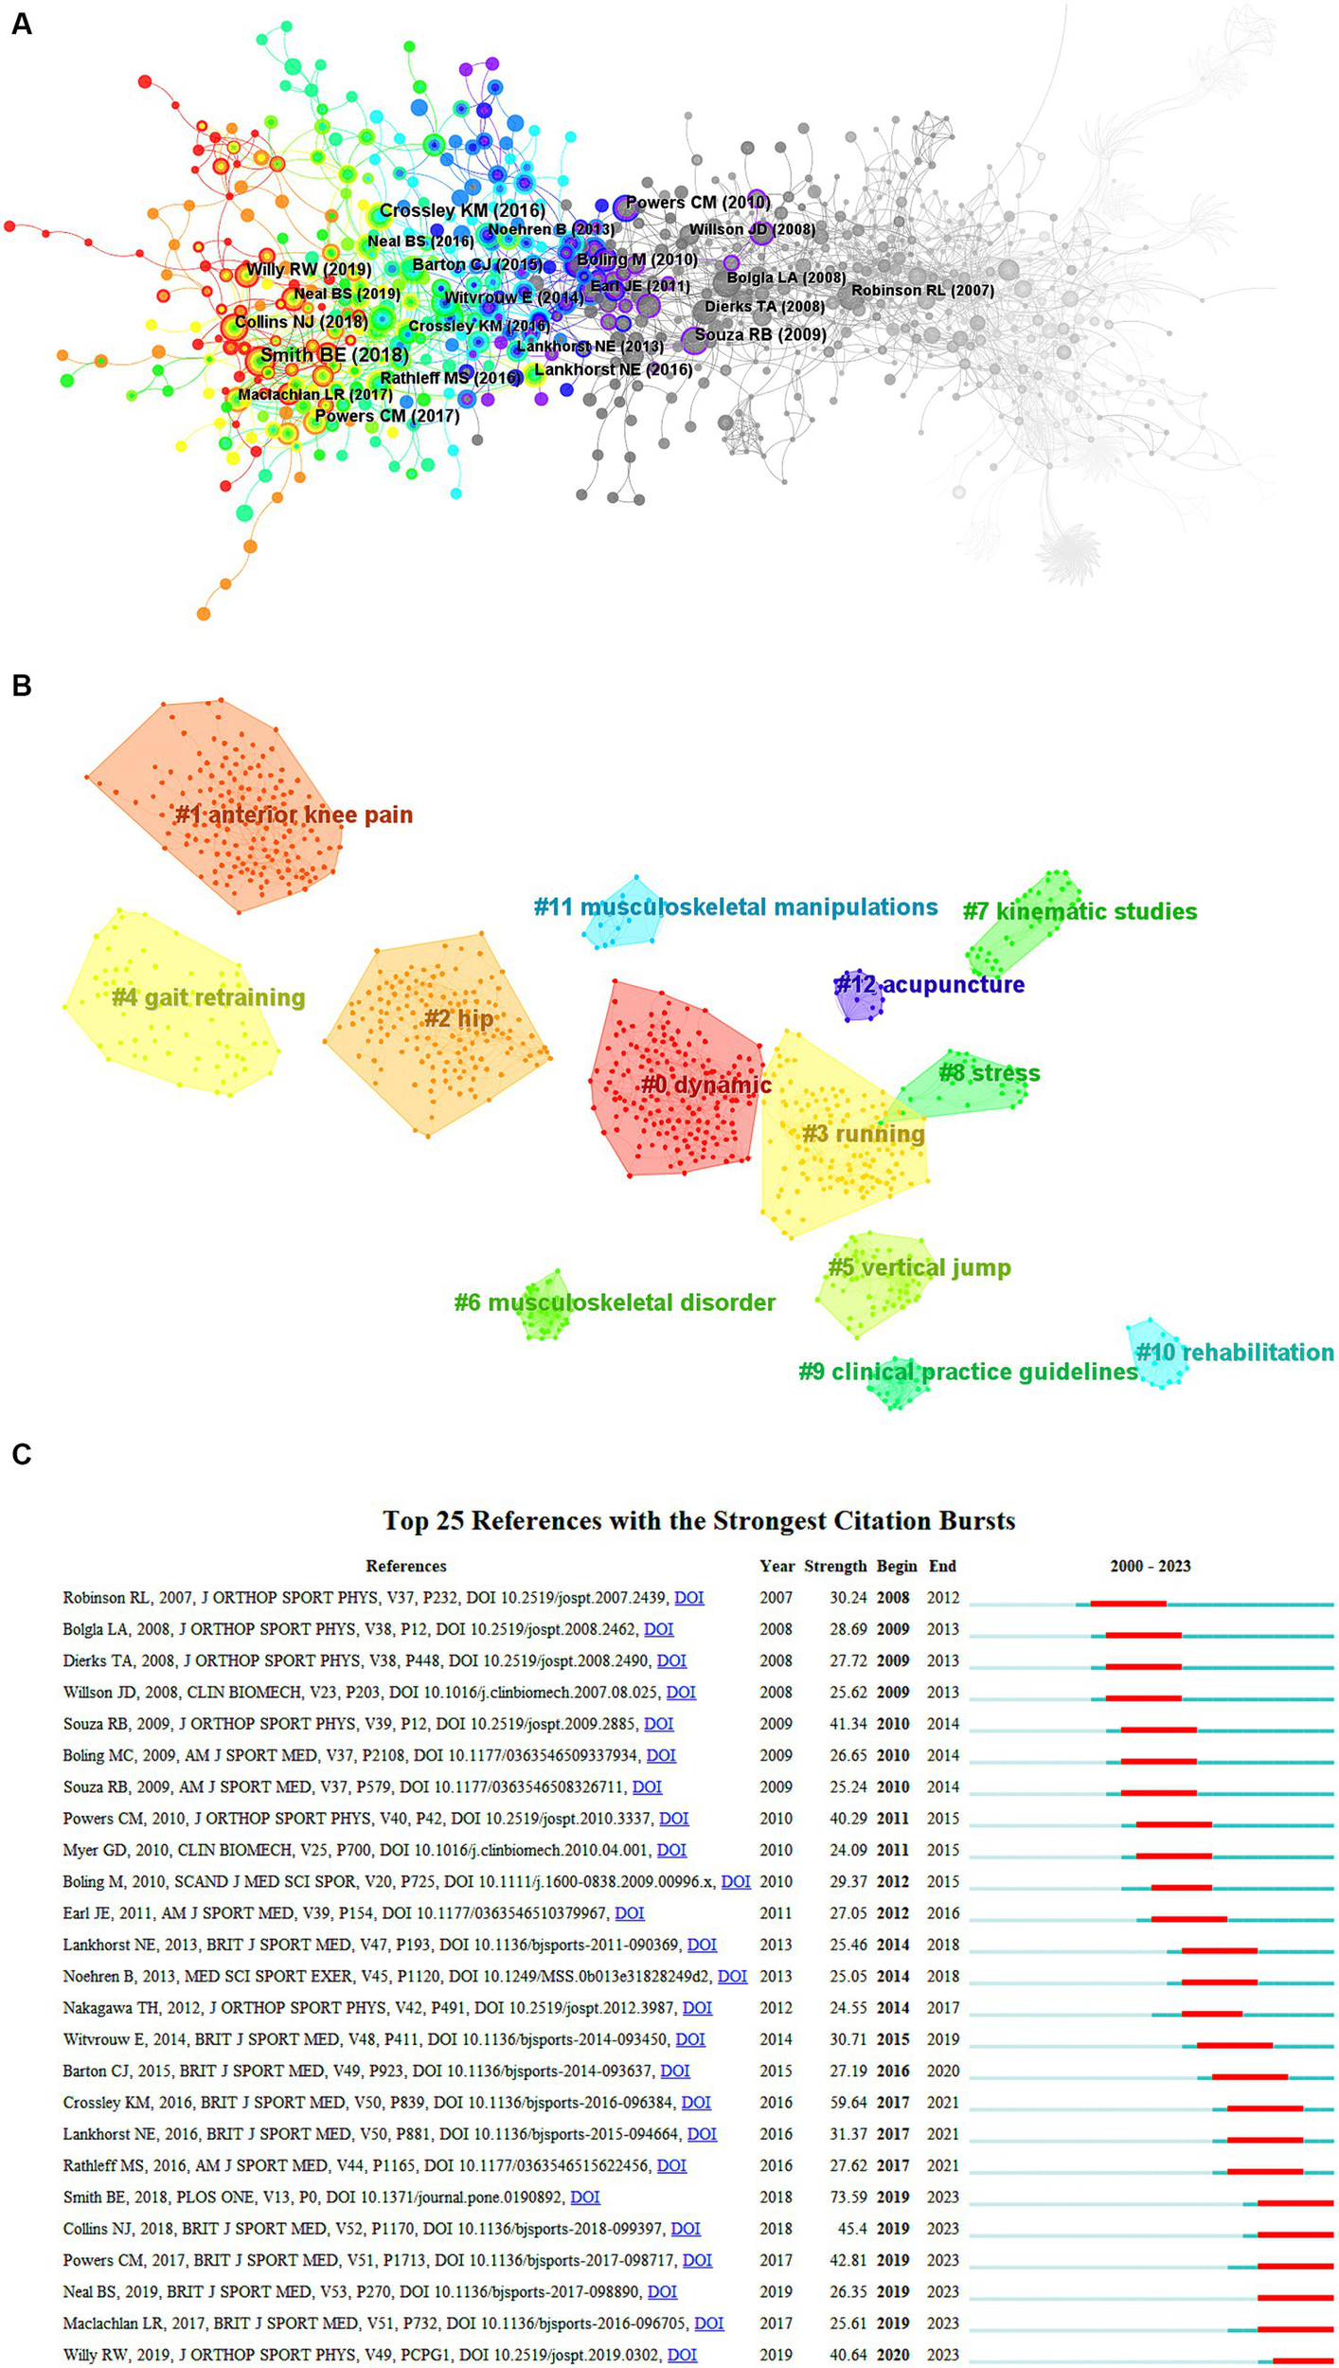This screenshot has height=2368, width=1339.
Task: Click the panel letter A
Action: (21, 23)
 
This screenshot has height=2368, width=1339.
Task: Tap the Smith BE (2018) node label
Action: (334, 355)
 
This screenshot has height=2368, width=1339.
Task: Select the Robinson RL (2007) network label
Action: (922, 291)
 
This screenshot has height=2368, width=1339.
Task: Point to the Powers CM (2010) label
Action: (698, 202)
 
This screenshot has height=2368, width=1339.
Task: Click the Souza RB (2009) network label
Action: (760, 334)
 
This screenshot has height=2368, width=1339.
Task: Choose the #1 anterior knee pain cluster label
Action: (294, 815)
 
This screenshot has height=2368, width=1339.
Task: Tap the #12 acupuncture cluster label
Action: (929, 984)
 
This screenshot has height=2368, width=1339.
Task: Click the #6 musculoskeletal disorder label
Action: (615, 1302)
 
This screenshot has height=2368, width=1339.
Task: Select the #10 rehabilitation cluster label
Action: (1235, 1352)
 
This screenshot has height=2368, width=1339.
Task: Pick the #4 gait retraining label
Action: (208, 997)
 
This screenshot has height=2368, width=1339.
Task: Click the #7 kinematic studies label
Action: (1080, 911)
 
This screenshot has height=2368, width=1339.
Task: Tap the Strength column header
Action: (835, 1566)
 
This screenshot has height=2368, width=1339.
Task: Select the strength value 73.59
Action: (848, 2197)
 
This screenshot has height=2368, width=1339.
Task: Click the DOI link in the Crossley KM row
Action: (696, 2102)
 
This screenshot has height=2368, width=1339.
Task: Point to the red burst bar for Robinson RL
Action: (1128, 1604)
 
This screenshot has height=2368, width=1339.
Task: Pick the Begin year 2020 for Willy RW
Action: (893, 2354)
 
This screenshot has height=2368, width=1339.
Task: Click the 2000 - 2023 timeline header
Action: (1150, 1566)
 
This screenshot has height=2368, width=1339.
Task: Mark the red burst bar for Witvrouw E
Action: (1234, 2045)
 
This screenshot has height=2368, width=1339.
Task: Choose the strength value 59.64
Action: (848, 2102)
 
